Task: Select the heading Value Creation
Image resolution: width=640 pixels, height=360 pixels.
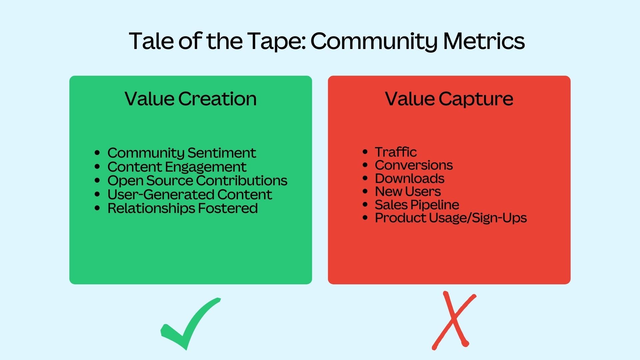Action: pyautogui.click(x=191, y=99)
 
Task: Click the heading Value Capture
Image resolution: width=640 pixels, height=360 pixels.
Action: pyautogui.click(x=449, y=99)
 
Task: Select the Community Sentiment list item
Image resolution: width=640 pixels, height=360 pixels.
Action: pyautogui.click(x=182, y=153)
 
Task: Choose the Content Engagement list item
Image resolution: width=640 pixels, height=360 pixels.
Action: pyautogui.click(x=177, y=167)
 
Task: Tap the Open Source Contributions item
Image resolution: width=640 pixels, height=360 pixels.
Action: pyautogui.click(x=197, y=180)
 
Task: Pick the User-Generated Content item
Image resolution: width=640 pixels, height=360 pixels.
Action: pyautogui.click(x=190, y=194)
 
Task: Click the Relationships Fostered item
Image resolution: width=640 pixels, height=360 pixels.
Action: pyautogui.click(x=182, y=208)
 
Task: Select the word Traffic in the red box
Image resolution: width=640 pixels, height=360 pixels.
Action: pyautogui.click(x=396, y=152)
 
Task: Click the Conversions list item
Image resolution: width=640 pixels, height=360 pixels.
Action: pyautogui.click(x=414, y=165)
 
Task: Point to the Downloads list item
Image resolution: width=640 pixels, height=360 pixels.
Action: pyautogui.click(x=409, y=178)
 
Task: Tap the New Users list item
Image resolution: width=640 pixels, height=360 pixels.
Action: pyautogui.click(x=408, y=191)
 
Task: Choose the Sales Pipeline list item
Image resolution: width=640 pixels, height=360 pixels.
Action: pyautogui.click(x=417, y=204)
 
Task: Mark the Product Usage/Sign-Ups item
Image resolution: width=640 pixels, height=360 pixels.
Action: pyautogui.click(x=451, y=218)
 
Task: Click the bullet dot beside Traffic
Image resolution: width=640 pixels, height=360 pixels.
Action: pyautogui.click(x=365, y=152)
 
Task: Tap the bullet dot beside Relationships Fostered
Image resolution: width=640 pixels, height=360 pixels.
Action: pyautogui.click(x=97, y=208)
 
